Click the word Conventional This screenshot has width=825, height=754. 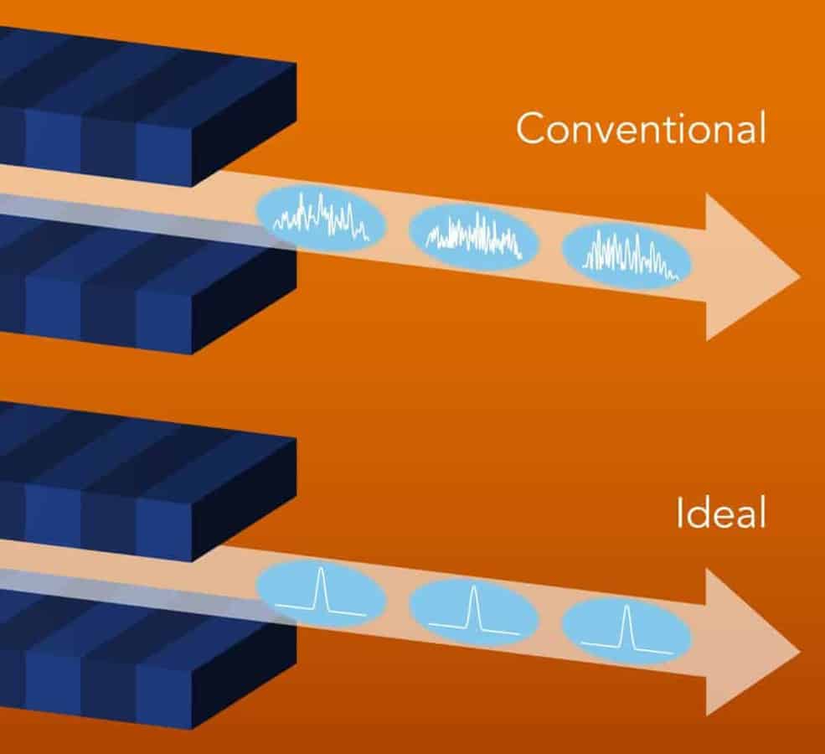(641, 130)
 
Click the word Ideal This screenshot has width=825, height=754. (721, 514)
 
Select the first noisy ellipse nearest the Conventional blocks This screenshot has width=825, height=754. (321, 219)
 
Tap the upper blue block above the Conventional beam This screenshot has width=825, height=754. (126, 109)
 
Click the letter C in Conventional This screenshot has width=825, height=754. (529, 130)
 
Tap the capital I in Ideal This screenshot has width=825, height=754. (681, 514)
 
